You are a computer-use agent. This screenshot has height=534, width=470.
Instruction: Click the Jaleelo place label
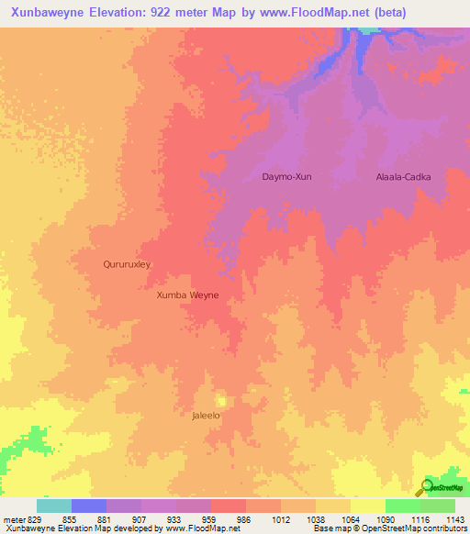206,416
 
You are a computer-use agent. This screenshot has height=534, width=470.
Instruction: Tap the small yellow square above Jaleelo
220,401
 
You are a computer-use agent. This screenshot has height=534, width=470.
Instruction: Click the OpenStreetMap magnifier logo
426,487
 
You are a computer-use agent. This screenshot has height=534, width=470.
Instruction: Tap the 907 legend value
146,519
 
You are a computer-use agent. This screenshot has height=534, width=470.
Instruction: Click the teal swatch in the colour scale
54,506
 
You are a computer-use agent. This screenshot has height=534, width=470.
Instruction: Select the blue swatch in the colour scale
89,506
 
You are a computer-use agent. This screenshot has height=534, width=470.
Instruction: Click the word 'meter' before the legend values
14,519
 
